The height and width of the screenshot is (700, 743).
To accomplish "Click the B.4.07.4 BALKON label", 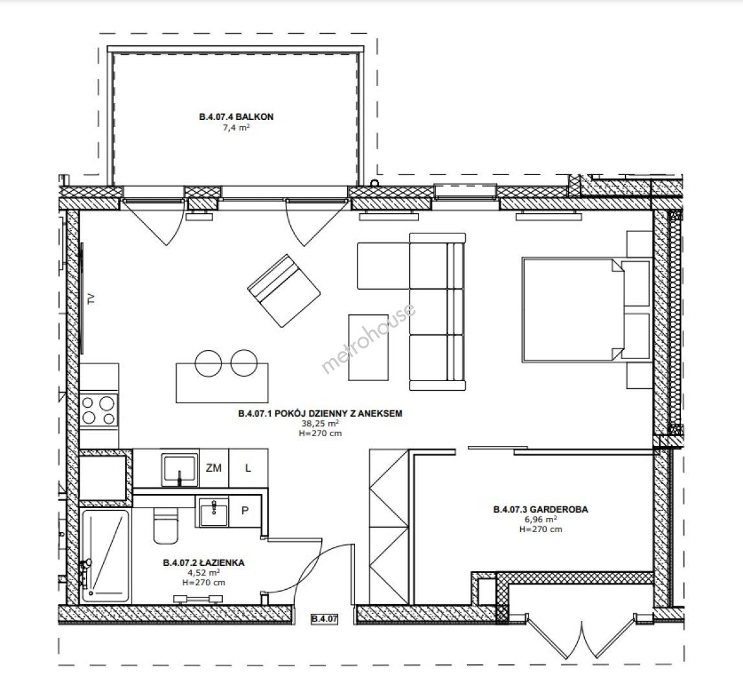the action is click(x=236, y=117).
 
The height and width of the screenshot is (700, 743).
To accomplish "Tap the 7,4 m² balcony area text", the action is click(x=236, y=128).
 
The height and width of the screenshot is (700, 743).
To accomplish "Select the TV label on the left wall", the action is click(x=91, y=299).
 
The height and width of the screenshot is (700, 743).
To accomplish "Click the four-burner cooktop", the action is click(x=98, y=410).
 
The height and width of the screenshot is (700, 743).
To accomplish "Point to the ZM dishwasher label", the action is click(x=214, y=468).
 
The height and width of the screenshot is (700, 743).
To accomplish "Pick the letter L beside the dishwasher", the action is click(x=248, y=468).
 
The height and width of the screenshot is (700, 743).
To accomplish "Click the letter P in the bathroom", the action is click(x=245, y=511).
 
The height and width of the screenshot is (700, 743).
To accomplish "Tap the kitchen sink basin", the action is click(x=179, y=470).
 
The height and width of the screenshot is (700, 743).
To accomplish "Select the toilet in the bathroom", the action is click(x=165, y=525).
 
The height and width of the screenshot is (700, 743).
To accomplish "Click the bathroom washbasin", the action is click(x=213, y=512).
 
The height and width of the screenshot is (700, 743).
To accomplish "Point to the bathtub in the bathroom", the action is click(x=105, y=556).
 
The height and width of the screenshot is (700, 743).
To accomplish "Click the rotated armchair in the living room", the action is click(x=284, y=291).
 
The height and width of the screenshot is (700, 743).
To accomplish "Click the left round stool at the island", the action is click(x=209, y=363).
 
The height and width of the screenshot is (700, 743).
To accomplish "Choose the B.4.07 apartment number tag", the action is click(x=325, y=619).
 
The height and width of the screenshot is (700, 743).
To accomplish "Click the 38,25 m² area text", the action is click(x=320, y=423).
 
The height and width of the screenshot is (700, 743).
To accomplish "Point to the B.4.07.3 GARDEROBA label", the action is click(x=541, y=509).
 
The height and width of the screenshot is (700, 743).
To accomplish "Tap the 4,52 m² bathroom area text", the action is click(x=204, y=572).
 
